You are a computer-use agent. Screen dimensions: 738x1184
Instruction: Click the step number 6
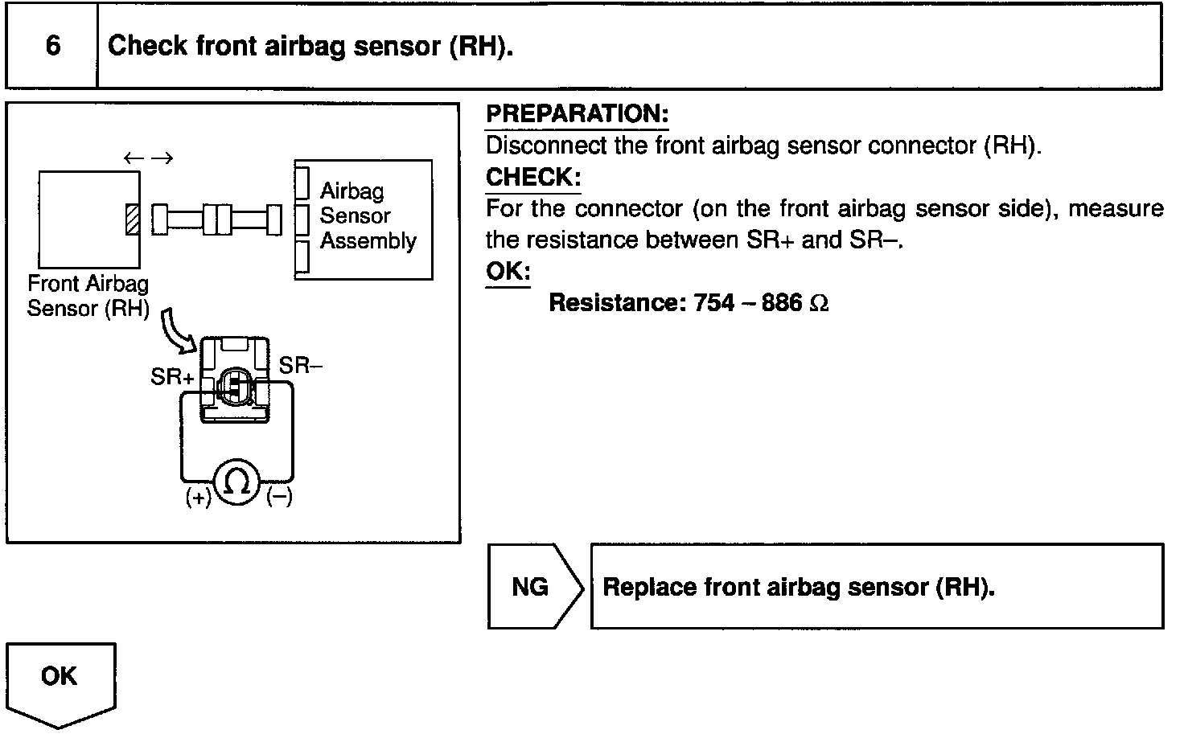coord(52,45)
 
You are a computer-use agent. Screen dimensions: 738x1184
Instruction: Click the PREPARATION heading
coord(577,114)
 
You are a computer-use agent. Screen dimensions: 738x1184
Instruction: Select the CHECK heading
coord(532,177)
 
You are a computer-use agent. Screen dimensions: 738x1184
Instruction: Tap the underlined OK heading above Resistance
coord(508,271)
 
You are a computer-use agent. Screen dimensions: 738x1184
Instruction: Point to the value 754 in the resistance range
coord(713,302)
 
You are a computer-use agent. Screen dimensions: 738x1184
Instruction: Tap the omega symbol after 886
coord(819,303)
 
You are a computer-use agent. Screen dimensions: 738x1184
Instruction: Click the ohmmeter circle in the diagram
coord(238,483)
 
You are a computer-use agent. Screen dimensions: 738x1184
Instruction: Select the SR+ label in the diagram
coord(172,376)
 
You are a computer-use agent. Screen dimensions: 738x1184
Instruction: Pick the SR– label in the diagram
coord(301,366)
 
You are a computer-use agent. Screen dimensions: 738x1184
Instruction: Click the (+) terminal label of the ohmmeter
coord(198,498)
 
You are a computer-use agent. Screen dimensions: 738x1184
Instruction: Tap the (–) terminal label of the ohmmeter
coord(279,498)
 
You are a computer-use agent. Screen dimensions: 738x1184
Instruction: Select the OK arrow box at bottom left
coord(60,679)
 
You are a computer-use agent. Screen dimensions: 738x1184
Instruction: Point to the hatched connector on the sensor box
coord(133,219)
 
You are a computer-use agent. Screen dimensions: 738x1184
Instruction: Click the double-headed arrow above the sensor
coord(149,158)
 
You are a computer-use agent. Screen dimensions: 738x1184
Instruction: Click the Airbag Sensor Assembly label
coord(367,215)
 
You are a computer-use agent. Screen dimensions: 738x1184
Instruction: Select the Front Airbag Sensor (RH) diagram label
coord(88,296)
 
